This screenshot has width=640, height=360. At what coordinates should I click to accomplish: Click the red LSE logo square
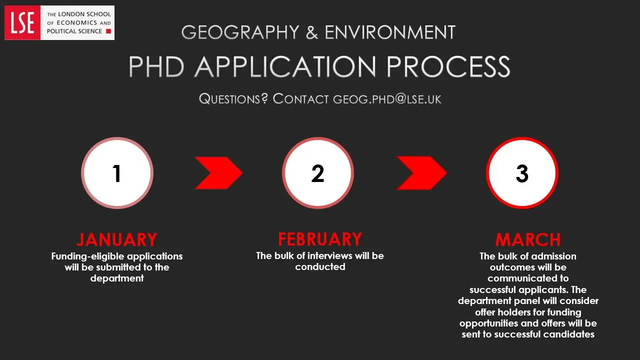pyautogui.click(x=22, y=22)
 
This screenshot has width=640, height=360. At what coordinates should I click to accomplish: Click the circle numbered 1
pyautogui.click(x=117, y=173)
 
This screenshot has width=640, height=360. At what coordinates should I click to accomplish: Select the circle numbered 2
pyautogui.click(x=318, y=173)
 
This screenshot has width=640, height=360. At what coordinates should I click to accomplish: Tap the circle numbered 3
pyautogui.click(x=522, y=173)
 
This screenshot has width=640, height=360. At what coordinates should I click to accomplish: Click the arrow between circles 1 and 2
pyautogui.click(x=218, y=173)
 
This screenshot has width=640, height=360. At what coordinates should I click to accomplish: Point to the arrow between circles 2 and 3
pyautogui.click(x=421, y=173)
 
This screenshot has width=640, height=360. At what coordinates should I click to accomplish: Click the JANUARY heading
pyautogui.click(x=117, y=239)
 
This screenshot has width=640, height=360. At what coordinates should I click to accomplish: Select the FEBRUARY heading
pyautogui.click(x=320, y=239)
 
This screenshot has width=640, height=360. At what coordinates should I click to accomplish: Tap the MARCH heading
pyautogui.click(x=528, y=239)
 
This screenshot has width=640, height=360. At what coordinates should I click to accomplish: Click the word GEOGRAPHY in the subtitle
pyautogui.click(x=240, y=32)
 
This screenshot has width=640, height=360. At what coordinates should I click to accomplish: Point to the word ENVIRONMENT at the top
pyautogui.click(x=390, y=32)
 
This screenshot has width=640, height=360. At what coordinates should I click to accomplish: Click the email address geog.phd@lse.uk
pyautogui.click(x=387, y=98)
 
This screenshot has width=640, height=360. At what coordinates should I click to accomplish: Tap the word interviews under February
pyautogui.click(x=330, y=255)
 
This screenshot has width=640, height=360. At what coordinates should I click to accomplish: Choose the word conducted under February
pyautogui.click(x=320, y=267)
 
